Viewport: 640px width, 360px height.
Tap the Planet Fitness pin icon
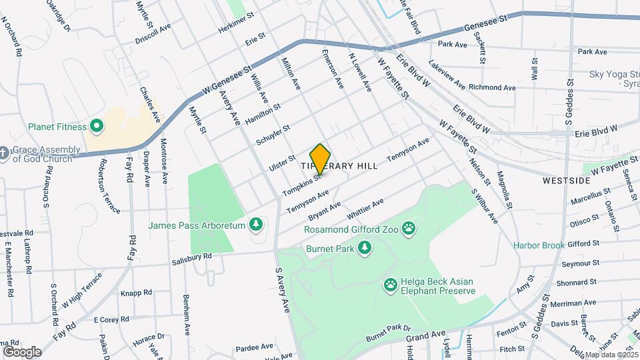pos(96,125)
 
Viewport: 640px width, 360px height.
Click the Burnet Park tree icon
pos(364,248)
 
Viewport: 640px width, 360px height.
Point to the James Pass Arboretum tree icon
pos(255,225)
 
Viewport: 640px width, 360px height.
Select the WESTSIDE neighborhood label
pos(566,181)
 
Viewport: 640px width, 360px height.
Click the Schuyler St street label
pos(273,136)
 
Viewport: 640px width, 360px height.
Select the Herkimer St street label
pos(236,23)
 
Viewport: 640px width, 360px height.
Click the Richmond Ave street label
pos(492,87)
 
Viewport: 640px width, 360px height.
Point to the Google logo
pos(22,351)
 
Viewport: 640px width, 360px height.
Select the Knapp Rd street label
pos(137,292)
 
